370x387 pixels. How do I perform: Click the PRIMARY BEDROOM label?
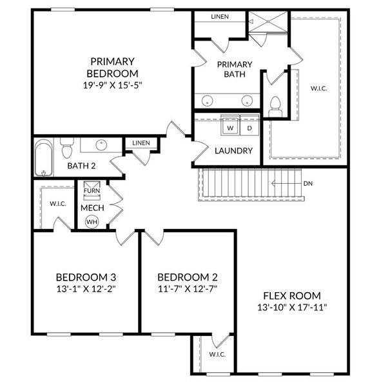[x=112, y=66]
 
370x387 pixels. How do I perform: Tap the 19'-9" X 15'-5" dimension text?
[x=112, y=84]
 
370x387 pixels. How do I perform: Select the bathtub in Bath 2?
[x=45, y=158]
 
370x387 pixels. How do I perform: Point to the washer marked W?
[x=229, y=128]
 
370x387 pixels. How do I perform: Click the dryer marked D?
[x=249, y=128]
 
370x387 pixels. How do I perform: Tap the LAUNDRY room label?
[x=233, y=151]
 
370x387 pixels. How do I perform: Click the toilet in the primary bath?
[x=275, y=105]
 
